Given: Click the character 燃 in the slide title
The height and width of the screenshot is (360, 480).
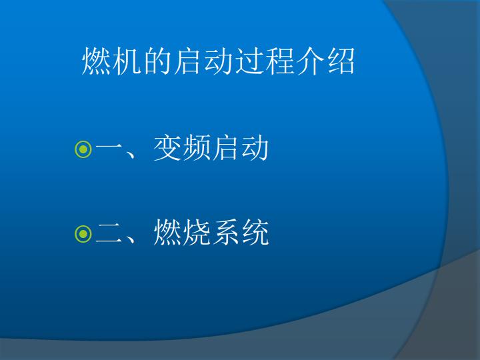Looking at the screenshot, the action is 97,61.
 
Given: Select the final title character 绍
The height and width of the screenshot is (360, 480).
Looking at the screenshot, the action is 341,61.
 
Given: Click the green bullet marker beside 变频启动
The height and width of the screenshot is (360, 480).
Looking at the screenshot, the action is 83,149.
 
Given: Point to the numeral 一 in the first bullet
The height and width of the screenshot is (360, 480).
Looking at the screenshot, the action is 109,147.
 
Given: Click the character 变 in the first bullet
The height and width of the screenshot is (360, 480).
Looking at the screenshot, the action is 167,148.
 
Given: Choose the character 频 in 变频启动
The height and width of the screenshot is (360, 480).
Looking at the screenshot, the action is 197,148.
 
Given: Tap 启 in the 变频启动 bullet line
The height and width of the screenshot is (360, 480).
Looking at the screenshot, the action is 226,148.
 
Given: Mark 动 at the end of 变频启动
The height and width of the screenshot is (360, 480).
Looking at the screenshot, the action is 255,148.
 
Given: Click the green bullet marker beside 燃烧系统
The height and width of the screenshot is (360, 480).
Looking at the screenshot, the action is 83,234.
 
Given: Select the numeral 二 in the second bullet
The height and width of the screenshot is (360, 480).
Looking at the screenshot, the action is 109,233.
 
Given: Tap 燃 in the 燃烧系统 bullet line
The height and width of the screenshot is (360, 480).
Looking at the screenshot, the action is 167,233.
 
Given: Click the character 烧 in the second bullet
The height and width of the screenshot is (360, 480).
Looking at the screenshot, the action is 197,233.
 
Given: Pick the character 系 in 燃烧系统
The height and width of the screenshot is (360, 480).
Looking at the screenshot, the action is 226,233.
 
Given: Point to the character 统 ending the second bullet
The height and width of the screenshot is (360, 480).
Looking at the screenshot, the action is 255,233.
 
